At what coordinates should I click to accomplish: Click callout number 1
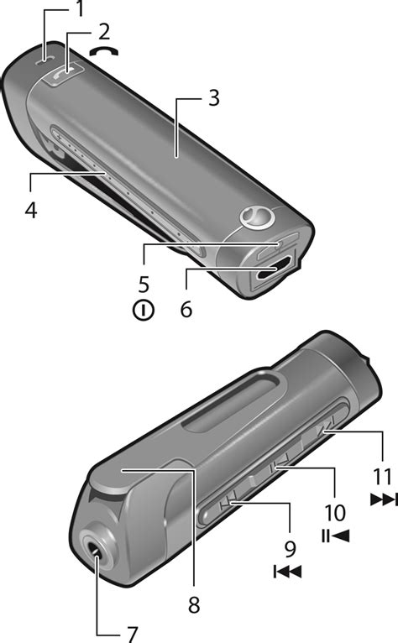(x=80, y=10)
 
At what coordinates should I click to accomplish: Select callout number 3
(x=214, y=98)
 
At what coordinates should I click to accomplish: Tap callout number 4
(x=31, y=211)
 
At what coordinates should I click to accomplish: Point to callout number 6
(x=186, y=309)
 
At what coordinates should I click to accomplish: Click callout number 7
(x=132, y=635)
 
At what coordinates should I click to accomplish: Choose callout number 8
(x=194, y=604)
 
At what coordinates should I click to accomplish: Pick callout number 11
(x=382, y=477)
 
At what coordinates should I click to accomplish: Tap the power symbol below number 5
(x=144, y=311)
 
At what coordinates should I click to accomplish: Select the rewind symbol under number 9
(x=287, y=572)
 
